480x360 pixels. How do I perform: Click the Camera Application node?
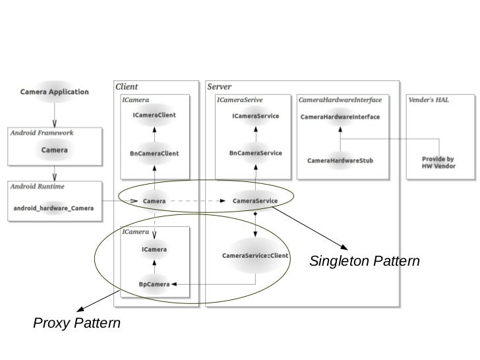pos(55,92)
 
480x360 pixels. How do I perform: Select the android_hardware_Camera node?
pos(53,208)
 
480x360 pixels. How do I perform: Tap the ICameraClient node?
pos(154,115)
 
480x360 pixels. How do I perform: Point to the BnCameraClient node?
pos(154,154)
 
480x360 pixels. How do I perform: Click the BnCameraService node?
pos(256,153)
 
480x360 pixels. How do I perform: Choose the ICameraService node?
pos(256,116)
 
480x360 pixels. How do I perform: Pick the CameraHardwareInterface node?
pos(340,117)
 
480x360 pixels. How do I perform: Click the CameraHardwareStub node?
pos(340,160)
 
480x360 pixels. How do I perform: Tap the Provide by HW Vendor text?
pos(438,163)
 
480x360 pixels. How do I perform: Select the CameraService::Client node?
pos(255,256)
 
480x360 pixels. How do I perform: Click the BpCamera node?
pos(154,284)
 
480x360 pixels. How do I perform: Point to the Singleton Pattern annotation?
pos(364,261)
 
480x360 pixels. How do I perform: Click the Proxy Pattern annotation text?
pos(76,323)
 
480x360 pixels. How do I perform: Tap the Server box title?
pos(219,86)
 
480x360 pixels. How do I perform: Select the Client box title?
pos(127,86)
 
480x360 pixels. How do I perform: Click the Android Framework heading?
pos(42,133)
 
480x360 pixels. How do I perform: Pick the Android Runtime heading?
pos(38,187)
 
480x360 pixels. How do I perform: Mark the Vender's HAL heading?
pos(429,100)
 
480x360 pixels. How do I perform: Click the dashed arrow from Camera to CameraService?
pos(198,201)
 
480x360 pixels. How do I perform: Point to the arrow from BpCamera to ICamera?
pos(154,267)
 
